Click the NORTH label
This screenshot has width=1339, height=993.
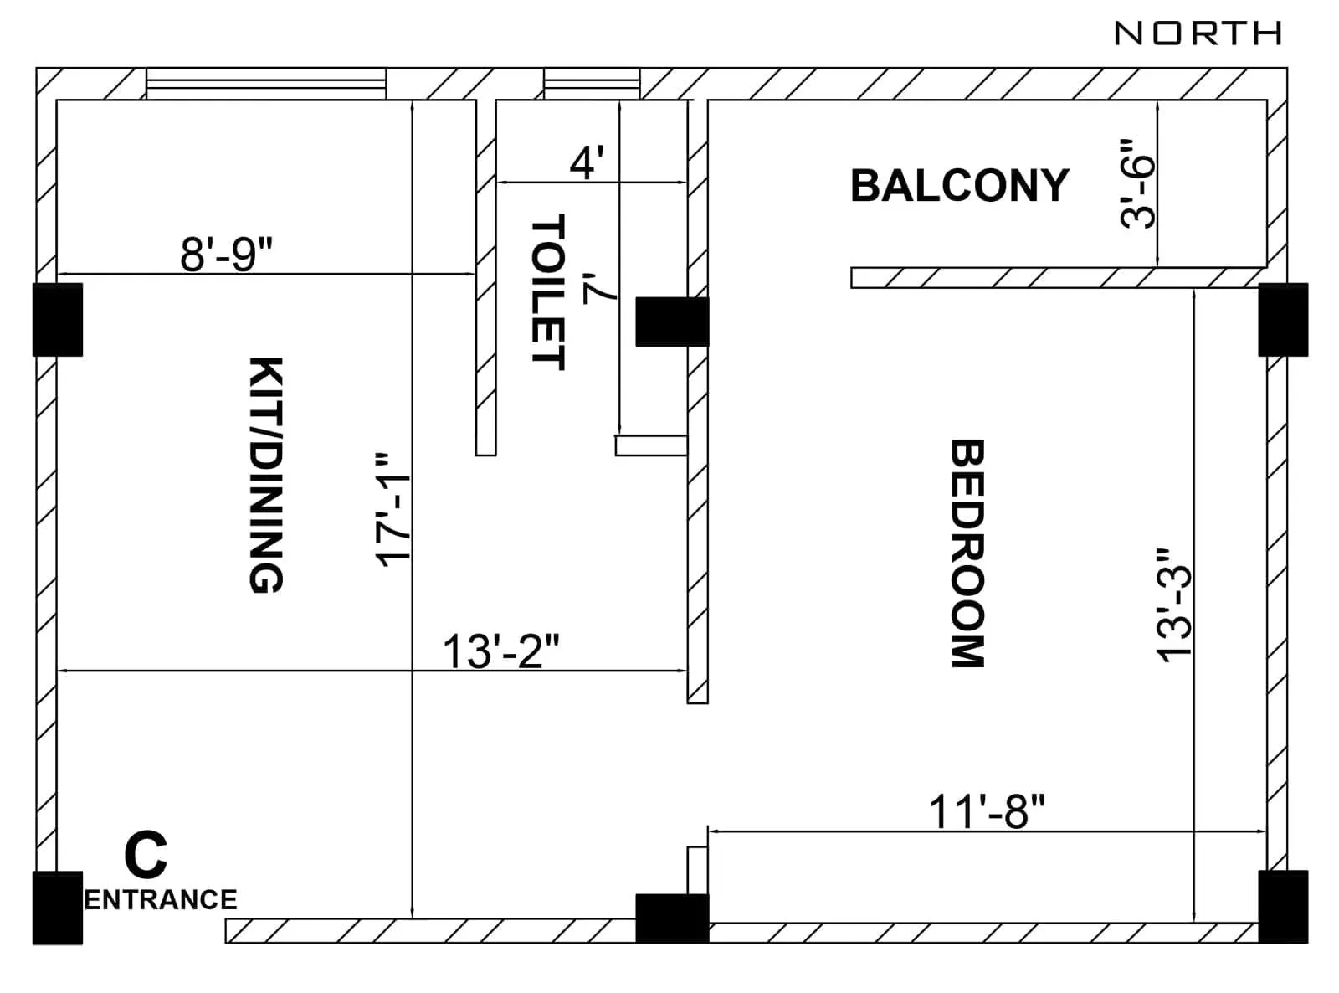[1198, 33]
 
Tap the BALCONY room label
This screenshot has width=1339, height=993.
[959, 186]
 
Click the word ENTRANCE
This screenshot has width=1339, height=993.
[161, 899]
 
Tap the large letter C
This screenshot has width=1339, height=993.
[146, 855]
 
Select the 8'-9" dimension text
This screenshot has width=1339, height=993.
[227, 254]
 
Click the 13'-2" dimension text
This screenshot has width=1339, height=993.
[500, 651]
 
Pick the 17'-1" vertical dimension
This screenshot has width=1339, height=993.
[392, 511]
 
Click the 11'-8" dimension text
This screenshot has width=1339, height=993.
[987, 811]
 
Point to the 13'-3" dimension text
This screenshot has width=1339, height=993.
[1174, 605]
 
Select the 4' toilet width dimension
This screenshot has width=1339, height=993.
[587, 162]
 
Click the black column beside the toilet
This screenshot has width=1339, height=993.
[671, 322]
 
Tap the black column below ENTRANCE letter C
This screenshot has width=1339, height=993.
[58, 908]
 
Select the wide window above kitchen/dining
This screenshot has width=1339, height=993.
[266, 84]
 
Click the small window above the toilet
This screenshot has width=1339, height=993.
[592, 84]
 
